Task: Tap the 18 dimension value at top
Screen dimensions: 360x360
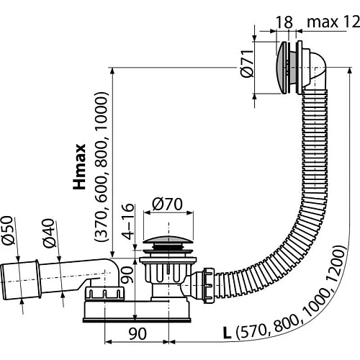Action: (x=285, y=23)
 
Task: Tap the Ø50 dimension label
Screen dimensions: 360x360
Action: (x=16, y=230)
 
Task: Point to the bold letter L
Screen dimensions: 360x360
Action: (x=228, y=334)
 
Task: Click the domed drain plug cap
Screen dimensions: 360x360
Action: (x=168, y=243)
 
